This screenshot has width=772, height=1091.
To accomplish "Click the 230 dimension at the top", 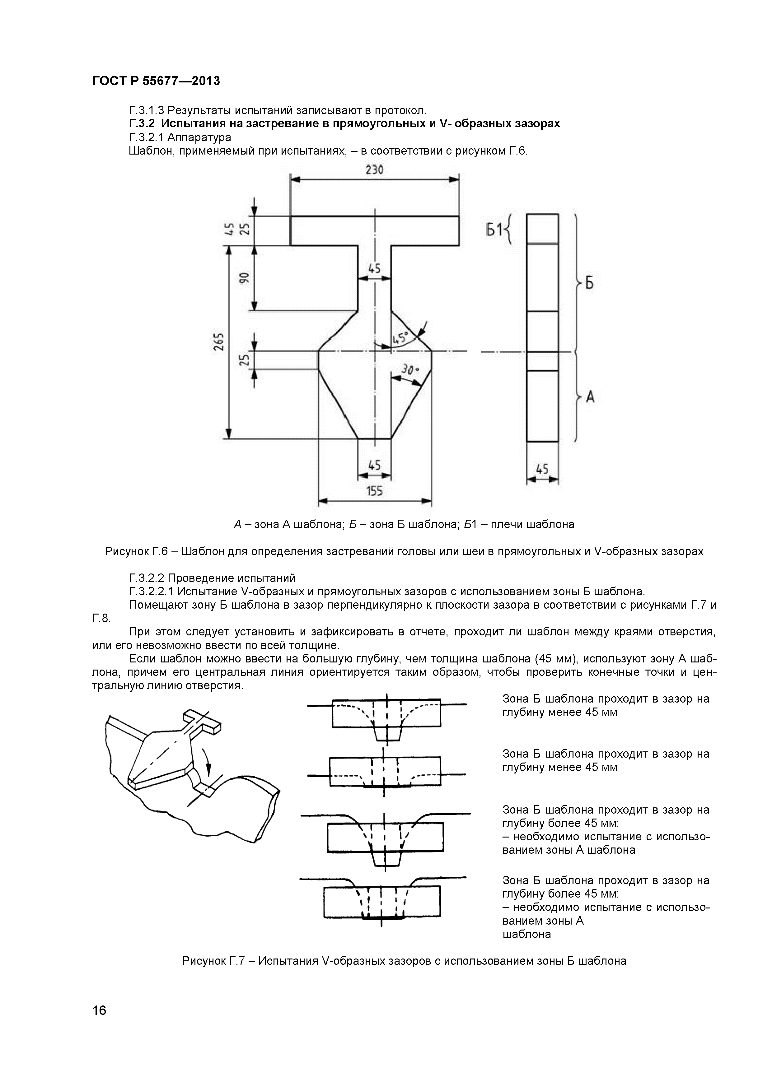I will (375, 170).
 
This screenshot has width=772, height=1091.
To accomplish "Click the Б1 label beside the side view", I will (494, 230).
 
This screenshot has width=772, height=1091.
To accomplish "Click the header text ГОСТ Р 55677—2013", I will (156, 81).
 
